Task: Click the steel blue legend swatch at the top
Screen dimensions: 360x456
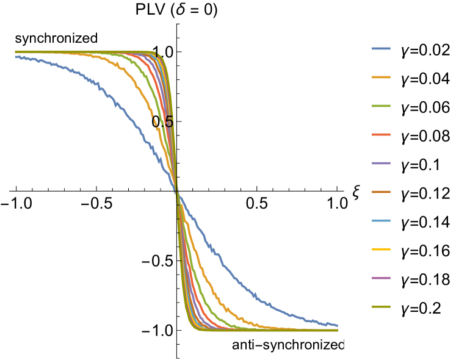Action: (381, 48)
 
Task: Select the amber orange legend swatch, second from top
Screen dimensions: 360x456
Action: (381, 77)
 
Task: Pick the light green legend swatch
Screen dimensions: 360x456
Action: (381, 106)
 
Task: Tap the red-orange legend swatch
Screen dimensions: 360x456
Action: (381, 134)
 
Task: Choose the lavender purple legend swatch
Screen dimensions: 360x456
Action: (381, 163)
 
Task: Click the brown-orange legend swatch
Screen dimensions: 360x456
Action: (381, 192)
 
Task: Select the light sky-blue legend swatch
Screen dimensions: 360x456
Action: (381, 220)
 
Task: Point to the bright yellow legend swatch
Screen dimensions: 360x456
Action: (381, 249)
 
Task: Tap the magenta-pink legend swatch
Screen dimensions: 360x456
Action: (381, 278)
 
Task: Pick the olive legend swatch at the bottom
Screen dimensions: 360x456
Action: (381, 306)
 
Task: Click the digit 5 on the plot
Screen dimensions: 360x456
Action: (169, 122)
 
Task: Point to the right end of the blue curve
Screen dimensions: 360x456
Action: (337, 325)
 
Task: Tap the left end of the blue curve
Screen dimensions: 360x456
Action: (16, 57)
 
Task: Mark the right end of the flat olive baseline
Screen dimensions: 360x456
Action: (337, 330)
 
